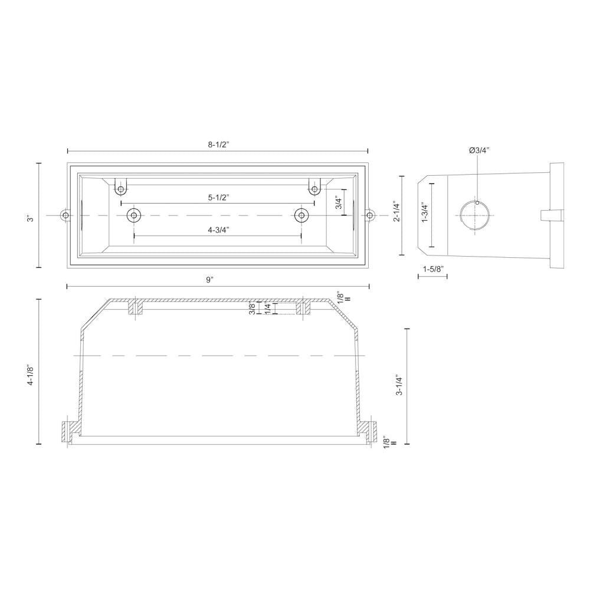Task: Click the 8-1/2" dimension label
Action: click(218, 144)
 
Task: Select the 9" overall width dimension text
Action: click(209, 280)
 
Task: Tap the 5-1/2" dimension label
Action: click(218, 198)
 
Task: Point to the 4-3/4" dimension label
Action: click(218, 230)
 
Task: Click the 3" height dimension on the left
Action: click(31, 217)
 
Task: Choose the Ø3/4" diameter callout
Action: click(479, 150)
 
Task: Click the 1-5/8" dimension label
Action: click(432, 269)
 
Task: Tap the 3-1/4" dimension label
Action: click(399, 385)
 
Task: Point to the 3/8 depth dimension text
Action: click(253, 308)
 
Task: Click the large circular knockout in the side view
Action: click(474, 216)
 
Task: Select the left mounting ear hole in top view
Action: click(65, 216)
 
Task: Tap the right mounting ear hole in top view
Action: click(370, 216)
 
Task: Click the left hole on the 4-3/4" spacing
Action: click(134, 216)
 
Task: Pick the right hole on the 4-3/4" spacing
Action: click(301, 216)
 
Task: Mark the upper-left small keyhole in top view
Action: click(121, 189)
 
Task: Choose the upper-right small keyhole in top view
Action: click(314, 189)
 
